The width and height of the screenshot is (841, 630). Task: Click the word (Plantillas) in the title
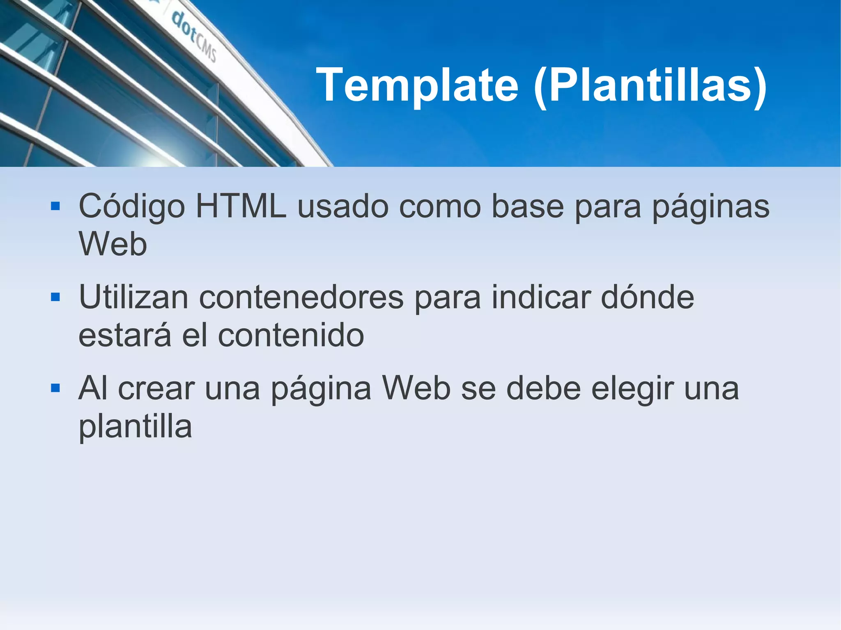click(x=650, y=85)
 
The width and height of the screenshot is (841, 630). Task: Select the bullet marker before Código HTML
click(x=55, y=206)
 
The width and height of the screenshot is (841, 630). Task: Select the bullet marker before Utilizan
click(x=55, y=297)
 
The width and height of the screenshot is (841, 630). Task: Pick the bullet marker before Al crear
click(x=55, y=388)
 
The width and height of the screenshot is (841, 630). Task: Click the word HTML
click(x=241, y=206)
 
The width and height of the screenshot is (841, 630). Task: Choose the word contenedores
click(x=301, y=297)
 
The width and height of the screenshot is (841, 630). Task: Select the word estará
click(x=124, y=335)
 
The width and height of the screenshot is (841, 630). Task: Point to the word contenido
click(x=291, y=335)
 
